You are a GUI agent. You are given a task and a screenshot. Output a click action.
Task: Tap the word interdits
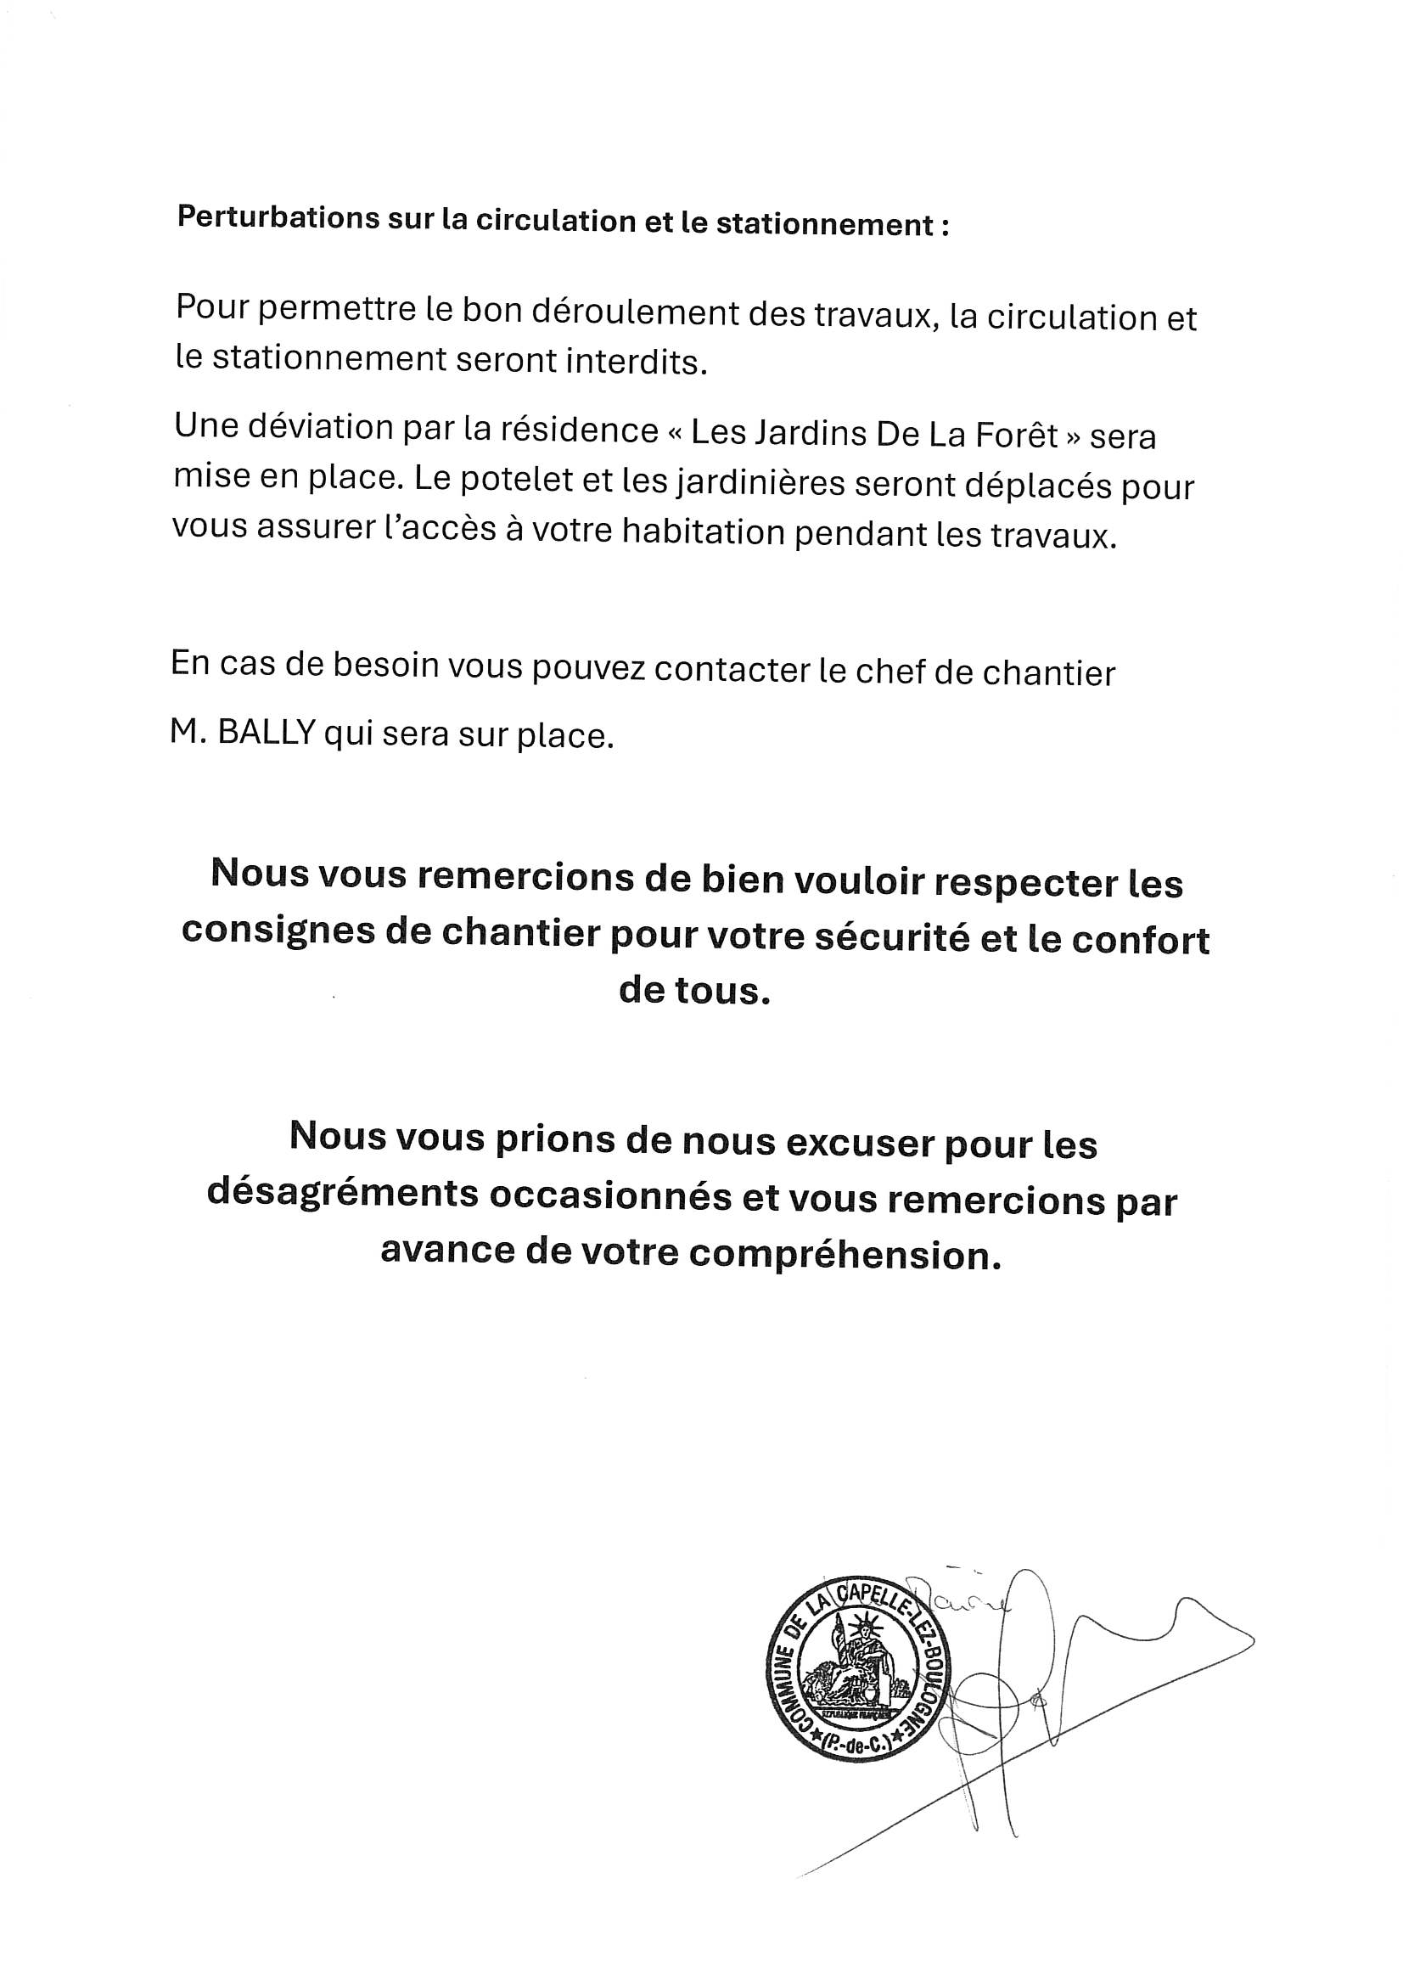(637, 363)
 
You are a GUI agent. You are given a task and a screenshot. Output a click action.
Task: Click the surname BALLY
(266, 734)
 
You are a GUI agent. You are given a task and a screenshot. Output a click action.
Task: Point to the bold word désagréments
(342, 1193)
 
